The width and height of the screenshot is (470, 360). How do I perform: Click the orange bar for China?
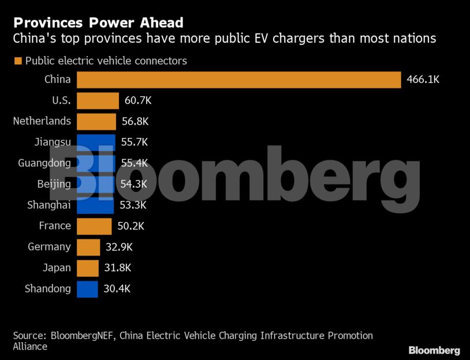click(x=238, y=80)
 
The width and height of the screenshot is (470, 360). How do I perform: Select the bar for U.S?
click(x=98, y=100)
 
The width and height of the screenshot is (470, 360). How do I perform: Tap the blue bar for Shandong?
click(x=87, y=289)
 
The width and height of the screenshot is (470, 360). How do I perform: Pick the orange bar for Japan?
click(x=87, y=268)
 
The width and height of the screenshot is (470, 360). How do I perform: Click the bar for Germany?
click(x=88, y=247)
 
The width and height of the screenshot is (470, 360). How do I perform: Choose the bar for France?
click(x=94, y=226)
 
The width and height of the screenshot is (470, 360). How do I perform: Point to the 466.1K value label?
click(x=423, y=80)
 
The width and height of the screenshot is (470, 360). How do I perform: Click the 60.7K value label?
click(x=138, y=100)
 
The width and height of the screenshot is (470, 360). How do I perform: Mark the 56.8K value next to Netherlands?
click(x=135, y=121)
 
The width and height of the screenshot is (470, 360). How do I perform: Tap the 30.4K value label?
click(x=117, y=289)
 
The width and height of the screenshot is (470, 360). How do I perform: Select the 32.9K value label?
click(x=119, y=247)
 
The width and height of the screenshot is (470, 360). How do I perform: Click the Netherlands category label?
click(x=42, y=121)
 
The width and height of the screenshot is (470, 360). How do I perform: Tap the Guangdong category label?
click(x=44, y=163)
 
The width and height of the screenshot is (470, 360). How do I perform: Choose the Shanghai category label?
click(x=49, y=205)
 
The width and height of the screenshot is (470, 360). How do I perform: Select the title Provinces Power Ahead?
click(x=98, y=23)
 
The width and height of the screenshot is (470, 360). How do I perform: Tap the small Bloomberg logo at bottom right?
click(x=434, y=350)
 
